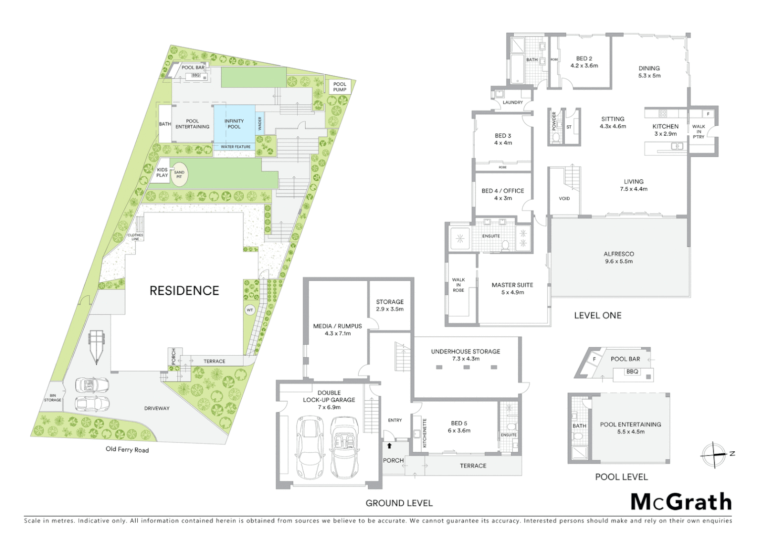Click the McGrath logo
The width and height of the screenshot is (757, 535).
(x=681, y=502)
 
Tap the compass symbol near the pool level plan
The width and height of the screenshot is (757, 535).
(x=714, y=454)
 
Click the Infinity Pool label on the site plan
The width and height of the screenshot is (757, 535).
(x=234, y=124)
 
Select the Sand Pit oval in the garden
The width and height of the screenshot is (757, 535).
(x=179, y=174)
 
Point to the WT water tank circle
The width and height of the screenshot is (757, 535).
(x=250, y=311)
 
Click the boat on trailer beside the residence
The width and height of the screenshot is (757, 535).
(x=96, y=346)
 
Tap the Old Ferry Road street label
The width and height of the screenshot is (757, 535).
(x=127, y=450)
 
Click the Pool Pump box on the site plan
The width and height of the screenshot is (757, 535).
(x=339, y=87)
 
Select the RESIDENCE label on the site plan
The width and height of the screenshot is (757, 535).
(x=184, y=291)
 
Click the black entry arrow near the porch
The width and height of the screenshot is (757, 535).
(x=389, y=446)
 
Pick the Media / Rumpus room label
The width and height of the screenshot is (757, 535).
(x=337, y=329)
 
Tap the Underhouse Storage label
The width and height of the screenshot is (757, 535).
(x=465, y=355)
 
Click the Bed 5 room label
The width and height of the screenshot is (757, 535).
(x=459, y=427)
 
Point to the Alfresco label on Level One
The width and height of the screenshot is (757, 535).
(x=619, y=257)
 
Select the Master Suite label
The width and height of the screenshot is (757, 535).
(x=512, y=288)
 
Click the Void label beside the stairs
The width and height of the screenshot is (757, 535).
(x=564, y=199)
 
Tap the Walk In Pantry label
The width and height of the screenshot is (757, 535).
(x=699, y=131)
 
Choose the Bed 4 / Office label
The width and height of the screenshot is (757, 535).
(x=503, y=194)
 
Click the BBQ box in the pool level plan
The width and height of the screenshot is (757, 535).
(x=632, y=372)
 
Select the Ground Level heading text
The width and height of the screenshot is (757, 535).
(x=399, y=503)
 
